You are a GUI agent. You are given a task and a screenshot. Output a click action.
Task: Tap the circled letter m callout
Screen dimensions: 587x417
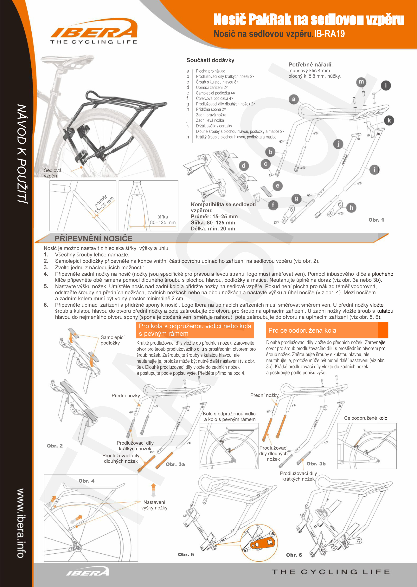pos(361,82)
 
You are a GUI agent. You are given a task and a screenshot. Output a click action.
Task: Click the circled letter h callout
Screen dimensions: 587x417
pos(351,208)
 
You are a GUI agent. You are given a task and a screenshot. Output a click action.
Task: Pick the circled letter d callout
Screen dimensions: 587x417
pos(243,166)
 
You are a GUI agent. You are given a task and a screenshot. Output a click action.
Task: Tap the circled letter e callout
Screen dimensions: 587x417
pos(278,186)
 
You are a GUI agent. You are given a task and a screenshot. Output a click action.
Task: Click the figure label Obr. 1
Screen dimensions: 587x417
pos(376,220)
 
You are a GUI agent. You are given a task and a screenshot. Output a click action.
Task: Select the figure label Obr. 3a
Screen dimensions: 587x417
pos(175,464)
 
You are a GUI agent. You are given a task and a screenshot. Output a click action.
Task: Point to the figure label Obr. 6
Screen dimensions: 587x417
pos(294,555)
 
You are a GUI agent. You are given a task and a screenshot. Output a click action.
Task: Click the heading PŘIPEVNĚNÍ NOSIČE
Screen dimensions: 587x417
pos(93,238)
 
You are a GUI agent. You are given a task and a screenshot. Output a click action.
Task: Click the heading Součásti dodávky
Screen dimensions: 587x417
pos(210,60)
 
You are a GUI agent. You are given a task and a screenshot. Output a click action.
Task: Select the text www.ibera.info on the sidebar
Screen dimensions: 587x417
pos(21,523)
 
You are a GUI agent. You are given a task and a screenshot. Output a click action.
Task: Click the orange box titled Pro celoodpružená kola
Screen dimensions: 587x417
pos(327,330)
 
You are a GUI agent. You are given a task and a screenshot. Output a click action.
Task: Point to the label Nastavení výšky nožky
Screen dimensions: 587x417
pos(154,505)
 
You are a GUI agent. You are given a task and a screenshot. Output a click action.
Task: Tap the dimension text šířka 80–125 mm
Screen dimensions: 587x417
pos(163,220)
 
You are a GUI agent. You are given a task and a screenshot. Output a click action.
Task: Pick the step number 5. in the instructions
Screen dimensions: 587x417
pos(46,286)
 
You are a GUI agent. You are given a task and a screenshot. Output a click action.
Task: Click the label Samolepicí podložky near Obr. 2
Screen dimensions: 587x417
pos(112,340)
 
